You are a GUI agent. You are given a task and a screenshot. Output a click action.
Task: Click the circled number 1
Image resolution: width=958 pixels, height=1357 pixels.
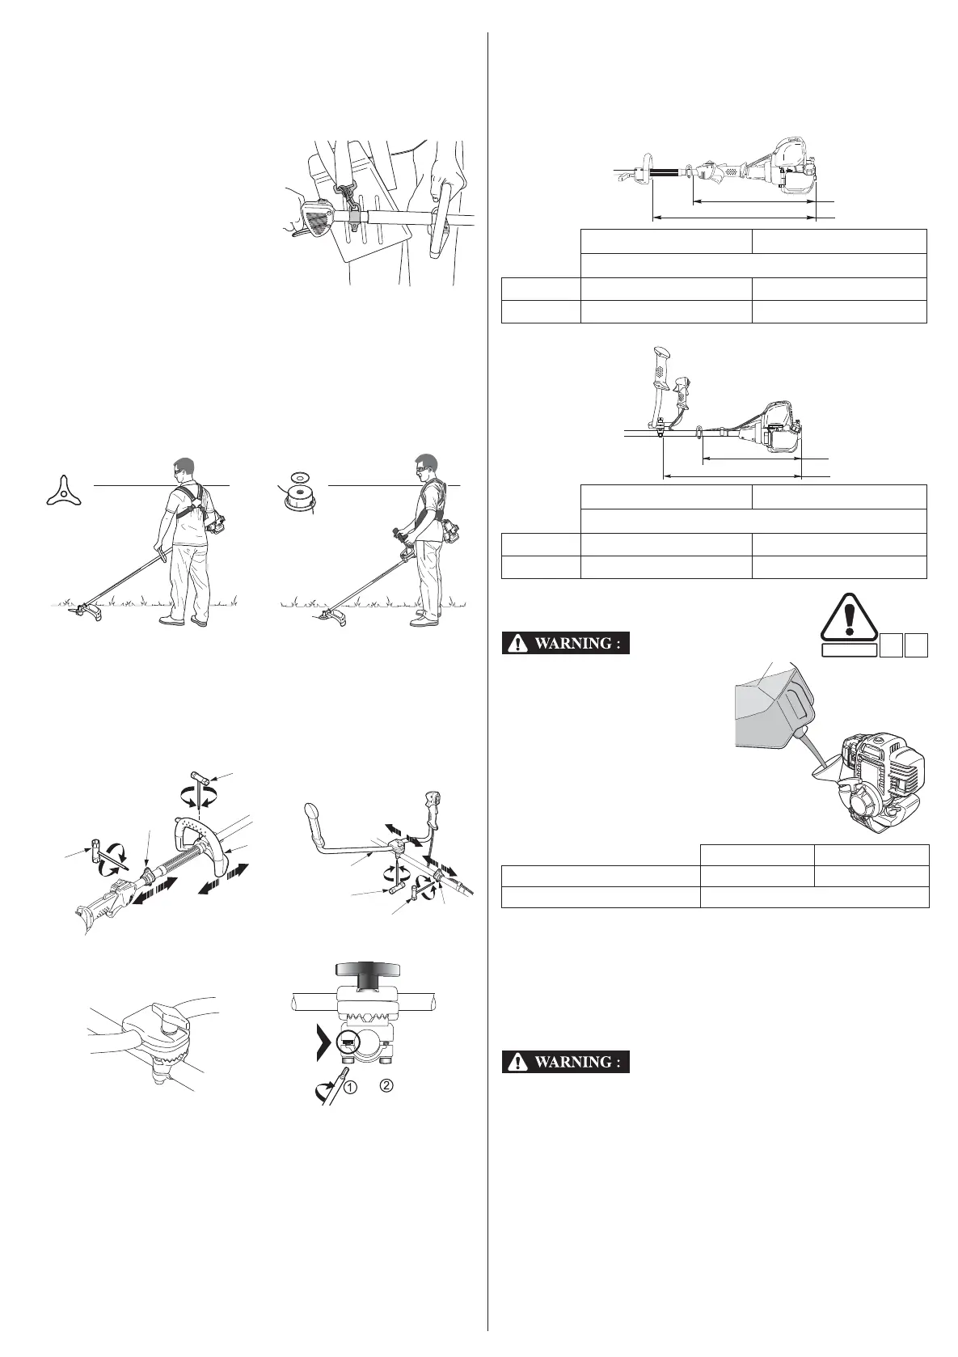click(350, 1088)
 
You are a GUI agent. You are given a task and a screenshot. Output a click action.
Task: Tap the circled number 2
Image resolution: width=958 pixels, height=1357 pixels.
click(386, 1084)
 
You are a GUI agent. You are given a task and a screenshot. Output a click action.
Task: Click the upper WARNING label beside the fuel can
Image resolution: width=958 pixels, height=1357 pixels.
click(565, 643)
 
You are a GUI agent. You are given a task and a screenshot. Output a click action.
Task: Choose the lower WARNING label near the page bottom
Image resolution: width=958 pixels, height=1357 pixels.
click(565, 1062)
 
